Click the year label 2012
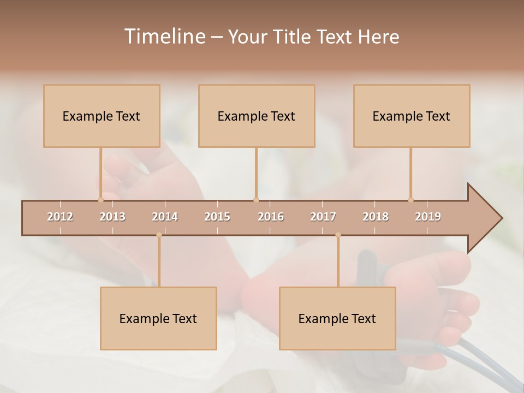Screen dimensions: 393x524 (60, 217)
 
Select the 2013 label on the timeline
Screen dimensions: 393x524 (112, 217)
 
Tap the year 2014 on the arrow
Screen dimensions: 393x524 (165, 217)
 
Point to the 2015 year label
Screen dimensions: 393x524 (217, 217)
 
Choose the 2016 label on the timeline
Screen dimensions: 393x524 (271, 217)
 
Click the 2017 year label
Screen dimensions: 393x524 (323, 217)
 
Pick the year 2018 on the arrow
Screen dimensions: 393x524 (376, 217)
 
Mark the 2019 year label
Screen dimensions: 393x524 (428, 217)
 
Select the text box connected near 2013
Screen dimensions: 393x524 (102, 116)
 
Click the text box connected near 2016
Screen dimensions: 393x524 (257, 116)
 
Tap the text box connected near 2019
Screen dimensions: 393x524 (412, 116)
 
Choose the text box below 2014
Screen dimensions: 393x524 (158, 318)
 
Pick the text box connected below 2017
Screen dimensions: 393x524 (337, 318)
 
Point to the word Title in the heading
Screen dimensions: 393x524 (293, 37)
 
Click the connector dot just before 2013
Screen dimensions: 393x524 (100, 200)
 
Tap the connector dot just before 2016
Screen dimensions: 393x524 (256, 200)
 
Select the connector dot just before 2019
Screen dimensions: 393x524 (410, 200)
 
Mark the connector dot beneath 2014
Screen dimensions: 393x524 (159, 235)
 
